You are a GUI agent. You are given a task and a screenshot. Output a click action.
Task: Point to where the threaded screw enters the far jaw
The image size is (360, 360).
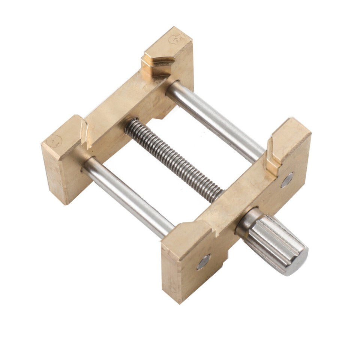[129, 126]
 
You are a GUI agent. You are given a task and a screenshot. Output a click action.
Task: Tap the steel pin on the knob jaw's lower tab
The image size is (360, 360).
[204, 261]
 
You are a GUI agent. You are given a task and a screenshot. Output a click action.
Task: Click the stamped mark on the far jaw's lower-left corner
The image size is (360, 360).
[56, 141]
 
